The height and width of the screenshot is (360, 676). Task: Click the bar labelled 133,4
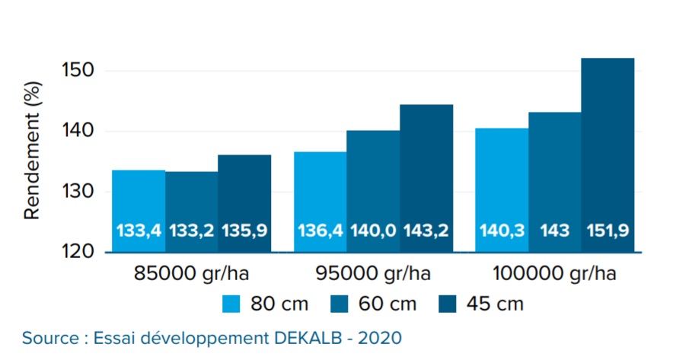tap(139, 211)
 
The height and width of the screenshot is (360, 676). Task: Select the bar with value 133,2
tap(192, 212)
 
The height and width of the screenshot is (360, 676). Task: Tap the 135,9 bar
tap(244, 203)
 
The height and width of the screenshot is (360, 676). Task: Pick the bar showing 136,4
tap(320, 202)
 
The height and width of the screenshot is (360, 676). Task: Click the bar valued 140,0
tap(373, 191)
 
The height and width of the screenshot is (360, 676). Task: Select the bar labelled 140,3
tap(502, 190)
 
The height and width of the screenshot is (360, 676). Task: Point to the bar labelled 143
tap(555, 182)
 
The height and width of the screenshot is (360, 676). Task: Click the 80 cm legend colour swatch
tap(232, 304)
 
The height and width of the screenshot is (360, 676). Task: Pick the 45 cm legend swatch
tap(449, 304)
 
